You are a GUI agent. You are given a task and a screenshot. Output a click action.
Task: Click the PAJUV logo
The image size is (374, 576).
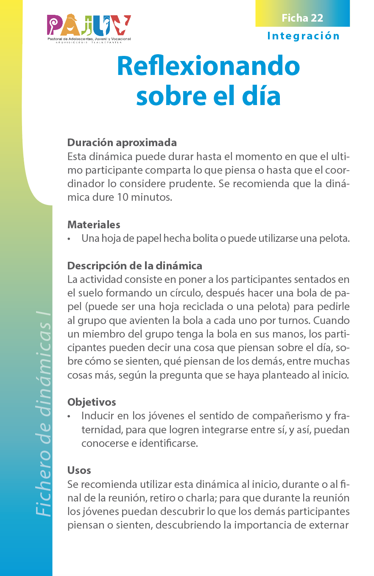[89, 28]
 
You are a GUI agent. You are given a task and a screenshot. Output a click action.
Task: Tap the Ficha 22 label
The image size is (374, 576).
[302, 18]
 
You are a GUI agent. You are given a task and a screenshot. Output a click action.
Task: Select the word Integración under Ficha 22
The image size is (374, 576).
[304, 36]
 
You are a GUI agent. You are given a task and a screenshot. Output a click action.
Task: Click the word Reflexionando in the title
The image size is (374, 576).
[208, 66]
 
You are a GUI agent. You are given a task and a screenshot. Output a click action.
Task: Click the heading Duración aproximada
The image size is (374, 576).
[122, 142]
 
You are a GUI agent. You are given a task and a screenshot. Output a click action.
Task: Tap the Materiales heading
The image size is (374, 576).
[94, 224]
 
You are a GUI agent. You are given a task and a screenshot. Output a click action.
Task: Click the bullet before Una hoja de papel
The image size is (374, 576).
[69, 239]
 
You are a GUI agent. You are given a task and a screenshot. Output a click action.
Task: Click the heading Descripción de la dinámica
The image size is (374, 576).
[134, 266]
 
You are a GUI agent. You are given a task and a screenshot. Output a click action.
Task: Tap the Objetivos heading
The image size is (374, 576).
[92, 402]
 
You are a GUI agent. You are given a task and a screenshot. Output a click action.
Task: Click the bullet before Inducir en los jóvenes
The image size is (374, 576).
[69, 416]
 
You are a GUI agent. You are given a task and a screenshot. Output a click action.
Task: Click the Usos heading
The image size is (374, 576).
[79, 470]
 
